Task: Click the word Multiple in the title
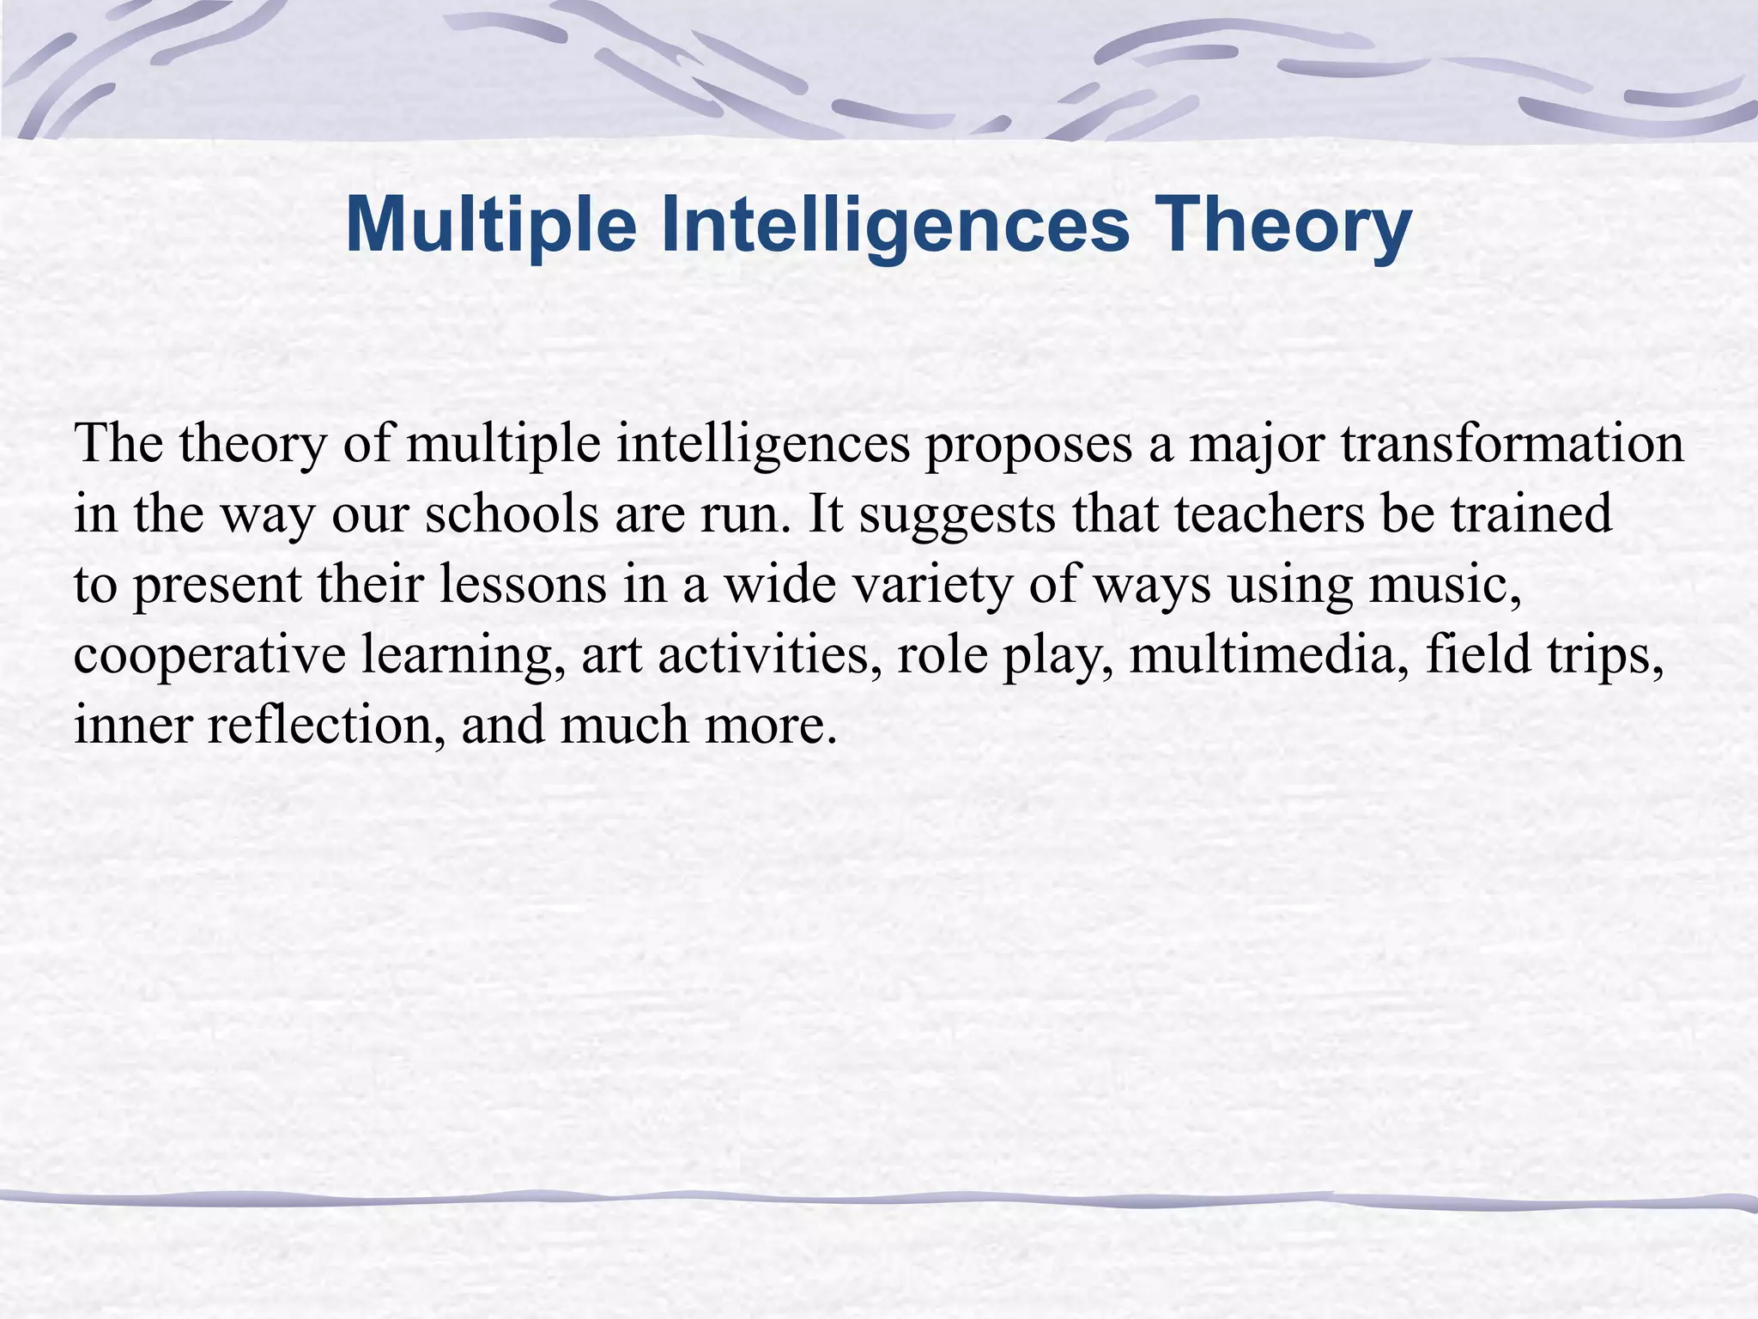pos(490,225)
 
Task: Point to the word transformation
pos(1512,444)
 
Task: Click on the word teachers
pos(1270,514)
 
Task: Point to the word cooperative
pos(209,657)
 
